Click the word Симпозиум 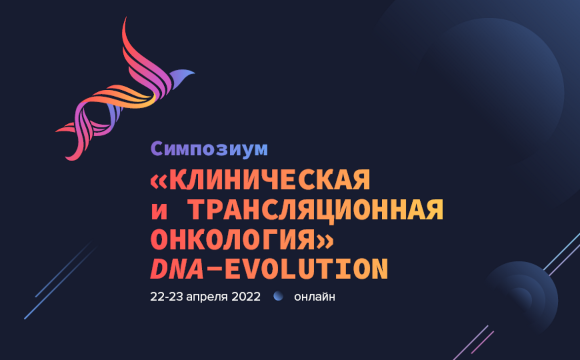tap(209, 148)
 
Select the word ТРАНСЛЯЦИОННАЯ tap(316, 211)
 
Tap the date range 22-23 tap(167, 297)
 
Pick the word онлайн tap(315, 297)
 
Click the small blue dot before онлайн tap(279, 296)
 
